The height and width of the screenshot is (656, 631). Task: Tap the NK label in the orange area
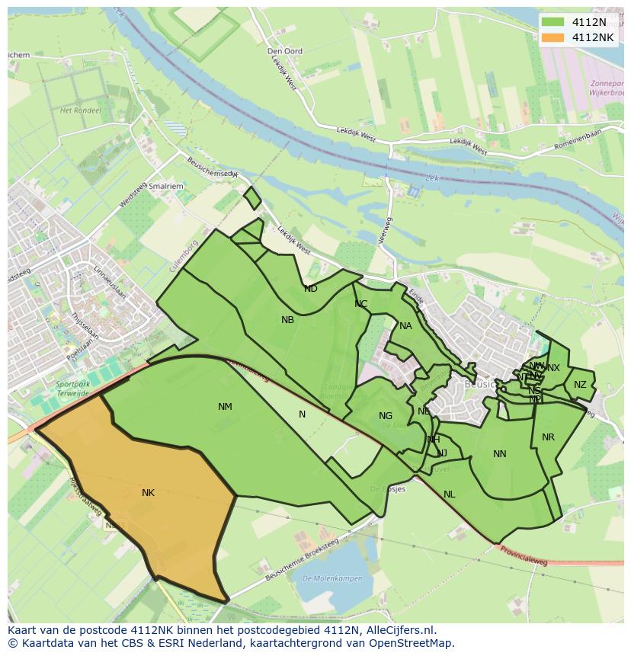[x=148, y=493]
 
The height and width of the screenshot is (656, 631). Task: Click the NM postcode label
[x=225, y=407]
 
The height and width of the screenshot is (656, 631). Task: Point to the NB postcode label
[x=287, y=320]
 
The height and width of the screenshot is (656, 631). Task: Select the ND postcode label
[x=311, y=289]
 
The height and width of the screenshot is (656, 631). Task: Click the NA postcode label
[x=405, y=326]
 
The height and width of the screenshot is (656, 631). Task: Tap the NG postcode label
[x=386, y=416]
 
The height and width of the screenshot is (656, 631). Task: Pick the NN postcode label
[x=500, y=454]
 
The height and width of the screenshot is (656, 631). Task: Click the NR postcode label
[x=548, y=437]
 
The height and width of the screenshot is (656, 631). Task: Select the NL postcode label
[x=450, y=494]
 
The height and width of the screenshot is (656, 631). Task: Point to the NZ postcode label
[x=581, y=385]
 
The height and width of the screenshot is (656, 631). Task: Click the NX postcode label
[x=554, y=368]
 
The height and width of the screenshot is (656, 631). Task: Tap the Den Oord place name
[x=285, y=51]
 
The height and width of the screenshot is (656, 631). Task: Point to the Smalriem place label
[x=166, y=185]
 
